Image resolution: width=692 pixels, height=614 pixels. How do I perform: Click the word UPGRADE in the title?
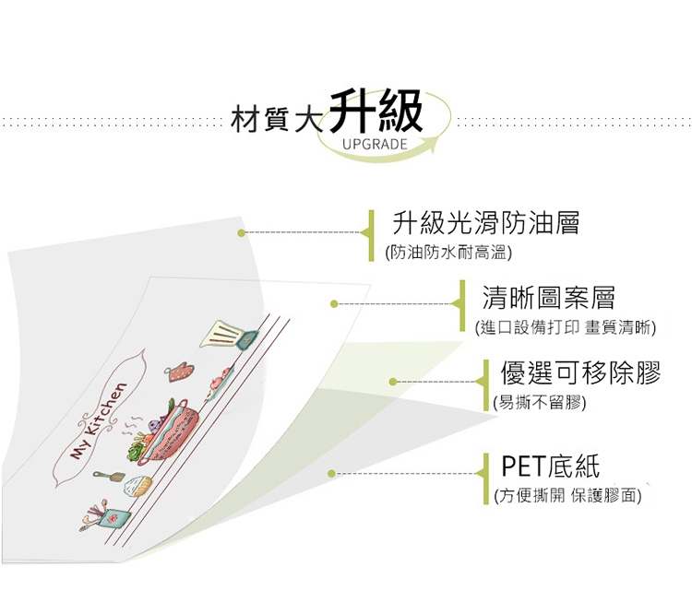click(x=375, y=145)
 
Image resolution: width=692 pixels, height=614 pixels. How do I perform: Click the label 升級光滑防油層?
click(x=486, y=223)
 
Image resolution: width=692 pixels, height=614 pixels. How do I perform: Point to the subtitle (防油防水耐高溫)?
click(x=448, y=252)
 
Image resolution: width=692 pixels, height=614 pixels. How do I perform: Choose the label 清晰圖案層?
click(x=548, y=298)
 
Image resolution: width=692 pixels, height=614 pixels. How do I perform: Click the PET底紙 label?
click(x=550, y=466)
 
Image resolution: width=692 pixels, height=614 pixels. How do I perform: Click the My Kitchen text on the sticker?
click(x=96, y=420)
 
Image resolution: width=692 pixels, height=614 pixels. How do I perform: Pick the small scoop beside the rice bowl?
click(x=108, y=477)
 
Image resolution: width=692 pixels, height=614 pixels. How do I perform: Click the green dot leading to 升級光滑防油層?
click(x=242, y=233)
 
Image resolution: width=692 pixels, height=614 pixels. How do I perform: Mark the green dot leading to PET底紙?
click(x=331, y=473)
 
